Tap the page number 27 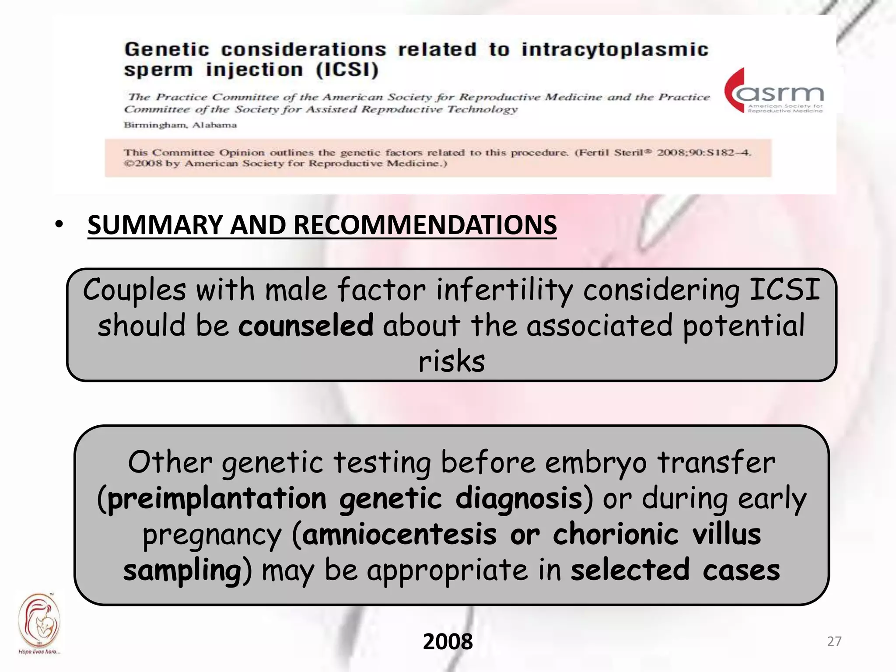pos(834,641)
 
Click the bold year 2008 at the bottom pos(448,641)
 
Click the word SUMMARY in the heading pos(155,225)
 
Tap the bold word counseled pos(305,326)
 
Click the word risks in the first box pos(451,362)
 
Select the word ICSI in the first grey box pos(784,290)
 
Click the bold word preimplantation pos(217,499)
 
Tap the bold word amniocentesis pos(399,535)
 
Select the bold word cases pos(741,570)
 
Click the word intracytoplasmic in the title pos(614,49)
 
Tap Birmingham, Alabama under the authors pos(180,125)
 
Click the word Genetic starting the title pos(167,49)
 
